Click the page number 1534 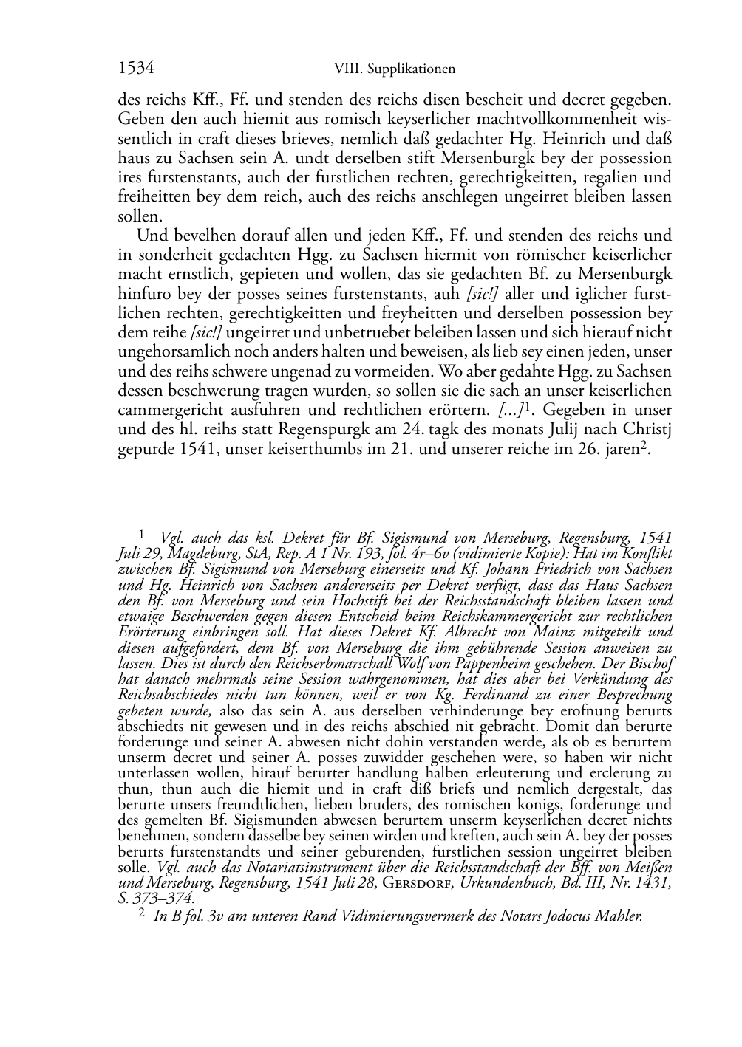pyautogui.click(x=135, y=69)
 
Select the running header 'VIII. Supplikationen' pyautogui.click(x=394, y=69)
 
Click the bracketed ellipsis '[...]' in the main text pyautogui.click(x=507, y=410)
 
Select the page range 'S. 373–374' pyautogui.click(x=156, y=898)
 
